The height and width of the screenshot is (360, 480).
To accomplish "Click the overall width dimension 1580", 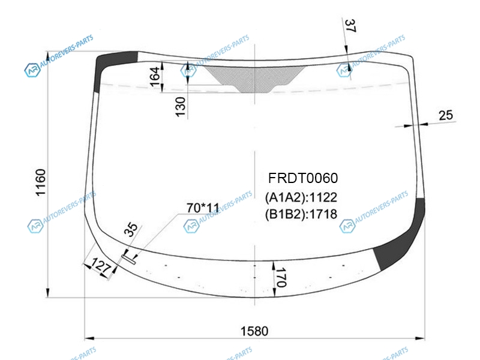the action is [254, 331].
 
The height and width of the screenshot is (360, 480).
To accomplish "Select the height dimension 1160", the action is [41, 182].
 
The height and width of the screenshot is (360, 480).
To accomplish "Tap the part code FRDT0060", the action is [303, 178].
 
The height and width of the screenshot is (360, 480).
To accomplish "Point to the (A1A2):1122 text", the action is [301, 197].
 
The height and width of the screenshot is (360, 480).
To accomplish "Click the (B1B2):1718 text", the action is [301, 214].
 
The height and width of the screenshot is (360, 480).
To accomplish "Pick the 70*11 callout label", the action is [203, 208].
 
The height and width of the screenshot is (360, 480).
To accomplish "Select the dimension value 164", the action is [155, 77].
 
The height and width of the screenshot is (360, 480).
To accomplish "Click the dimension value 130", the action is [181, 107].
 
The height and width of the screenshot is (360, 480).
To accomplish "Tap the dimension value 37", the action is [350, 26].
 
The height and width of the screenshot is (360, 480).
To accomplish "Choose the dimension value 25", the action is [446, 115].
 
